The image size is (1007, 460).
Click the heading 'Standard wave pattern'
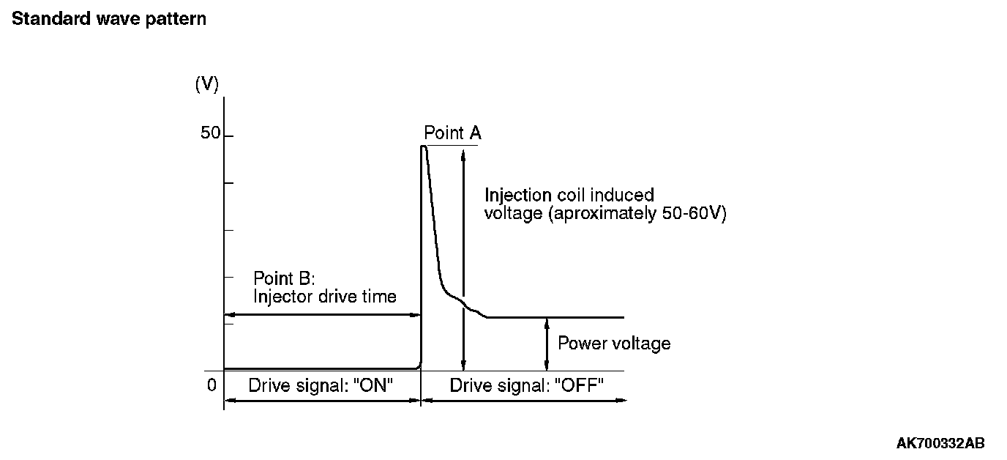click(109, 19)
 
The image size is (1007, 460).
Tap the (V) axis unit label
click(206, 84)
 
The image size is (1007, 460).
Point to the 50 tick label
click(210, 134)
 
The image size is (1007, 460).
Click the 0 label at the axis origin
click(211, 385)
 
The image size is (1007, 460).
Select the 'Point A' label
click(452, 133)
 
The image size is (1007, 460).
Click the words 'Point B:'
click(284, 278)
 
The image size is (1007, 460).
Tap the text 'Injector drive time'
click(324, 297)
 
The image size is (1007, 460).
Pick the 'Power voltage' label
click(613, 344)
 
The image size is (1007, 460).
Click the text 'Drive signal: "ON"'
click(322, 386)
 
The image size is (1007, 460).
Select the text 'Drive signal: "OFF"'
click(526, 386)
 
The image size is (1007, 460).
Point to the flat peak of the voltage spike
click(424, 147)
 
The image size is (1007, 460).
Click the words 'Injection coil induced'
click(569, 196)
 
